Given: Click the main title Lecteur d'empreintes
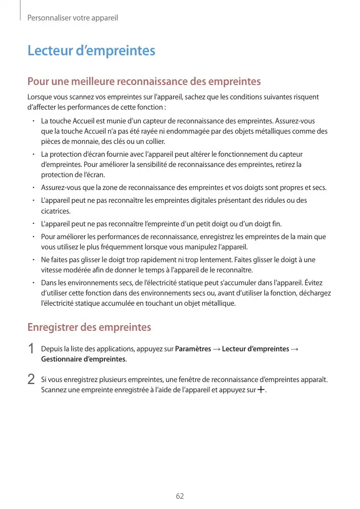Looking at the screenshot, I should (x=91, y=51).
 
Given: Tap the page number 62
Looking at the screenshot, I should (x=180, y=496).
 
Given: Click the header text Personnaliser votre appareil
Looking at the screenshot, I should (x=72, y=18).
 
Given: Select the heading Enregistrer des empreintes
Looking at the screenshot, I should (x=89, y=327).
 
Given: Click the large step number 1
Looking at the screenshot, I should (x=31, y=349).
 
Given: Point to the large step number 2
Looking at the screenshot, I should (x=31, y=380).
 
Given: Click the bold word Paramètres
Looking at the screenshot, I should (x=193, y=349).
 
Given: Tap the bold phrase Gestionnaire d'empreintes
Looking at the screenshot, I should (x=83, y=359).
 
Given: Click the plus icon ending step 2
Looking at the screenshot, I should (x=261, y=390).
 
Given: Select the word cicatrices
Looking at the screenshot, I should (x=56, y=210).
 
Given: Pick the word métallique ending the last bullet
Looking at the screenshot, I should (x=219, y=303).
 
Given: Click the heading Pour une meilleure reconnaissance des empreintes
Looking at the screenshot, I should (x=144, y=81).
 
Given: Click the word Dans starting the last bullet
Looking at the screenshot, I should (x=49, y=283).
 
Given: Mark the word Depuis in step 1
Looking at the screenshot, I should (x=51, y=349).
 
